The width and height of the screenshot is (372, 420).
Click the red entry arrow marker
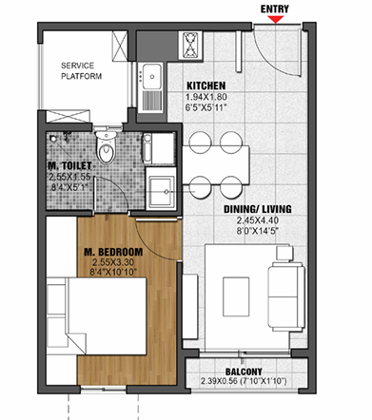coord(276,19)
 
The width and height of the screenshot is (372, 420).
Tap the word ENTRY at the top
coord(275,10)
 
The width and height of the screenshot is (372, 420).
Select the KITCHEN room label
coord(206,86)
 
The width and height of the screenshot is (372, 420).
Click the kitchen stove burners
coord(190,46)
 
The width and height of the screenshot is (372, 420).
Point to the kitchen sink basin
coord(152,76)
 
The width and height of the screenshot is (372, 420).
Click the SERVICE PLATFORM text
coord(81,71)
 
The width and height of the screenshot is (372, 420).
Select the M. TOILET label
coord(69,165)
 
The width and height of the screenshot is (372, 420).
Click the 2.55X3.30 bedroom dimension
coord(113,262)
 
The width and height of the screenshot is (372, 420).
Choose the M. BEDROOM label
coord(113,252)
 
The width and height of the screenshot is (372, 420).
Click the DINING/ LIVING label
coord(258,209)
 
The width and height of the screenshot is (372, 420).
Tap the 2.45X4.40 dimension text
coord(258,220)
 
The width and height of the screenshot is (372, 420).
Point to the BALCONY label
coord(244,372)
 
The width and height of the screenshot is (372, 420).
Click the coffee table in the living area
coord(236,296)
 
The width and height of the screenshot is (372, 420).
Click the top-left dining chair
coord(200,142)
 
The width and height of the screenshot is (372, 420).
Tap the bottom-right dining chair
coord(231,187)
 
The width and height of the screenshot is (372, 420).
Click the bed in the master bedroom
coord(96,316)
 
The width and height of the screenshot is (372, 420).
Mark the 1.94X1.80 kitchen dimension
coord(206,97)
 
